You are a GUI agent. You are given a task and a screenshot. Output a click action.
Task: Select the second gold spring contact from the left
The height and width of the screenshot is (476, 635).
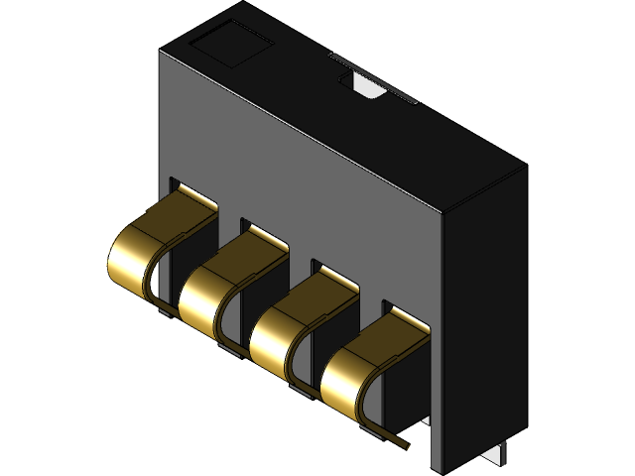(x=203, y=293)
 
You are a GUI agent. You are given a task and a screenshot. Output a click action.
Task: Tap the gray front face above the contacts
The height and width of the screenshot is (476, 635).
(x=298, y=169)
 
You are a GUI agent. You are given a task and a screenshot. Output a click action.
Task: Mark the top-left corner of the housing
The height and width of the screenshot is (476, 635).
(x=162, y=47)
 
